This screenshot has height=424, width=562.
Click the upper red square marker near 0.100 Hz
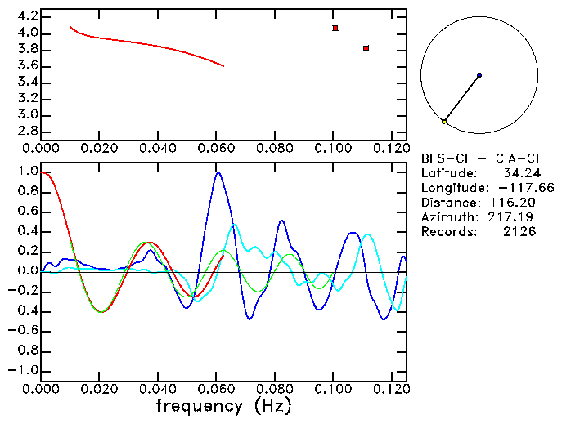(335, 28)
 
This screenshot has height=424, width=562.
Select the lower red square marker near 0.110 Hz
(366, 48)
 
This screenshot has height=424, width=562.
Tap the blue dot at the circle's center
(479, 75)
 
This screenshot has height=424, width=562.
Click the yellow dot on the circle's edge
(444, 121)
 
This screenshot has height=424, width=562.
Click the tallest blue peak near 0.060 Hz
(218, 172)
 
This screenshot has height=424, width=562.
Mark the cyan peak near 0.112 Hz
(367, 234)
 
